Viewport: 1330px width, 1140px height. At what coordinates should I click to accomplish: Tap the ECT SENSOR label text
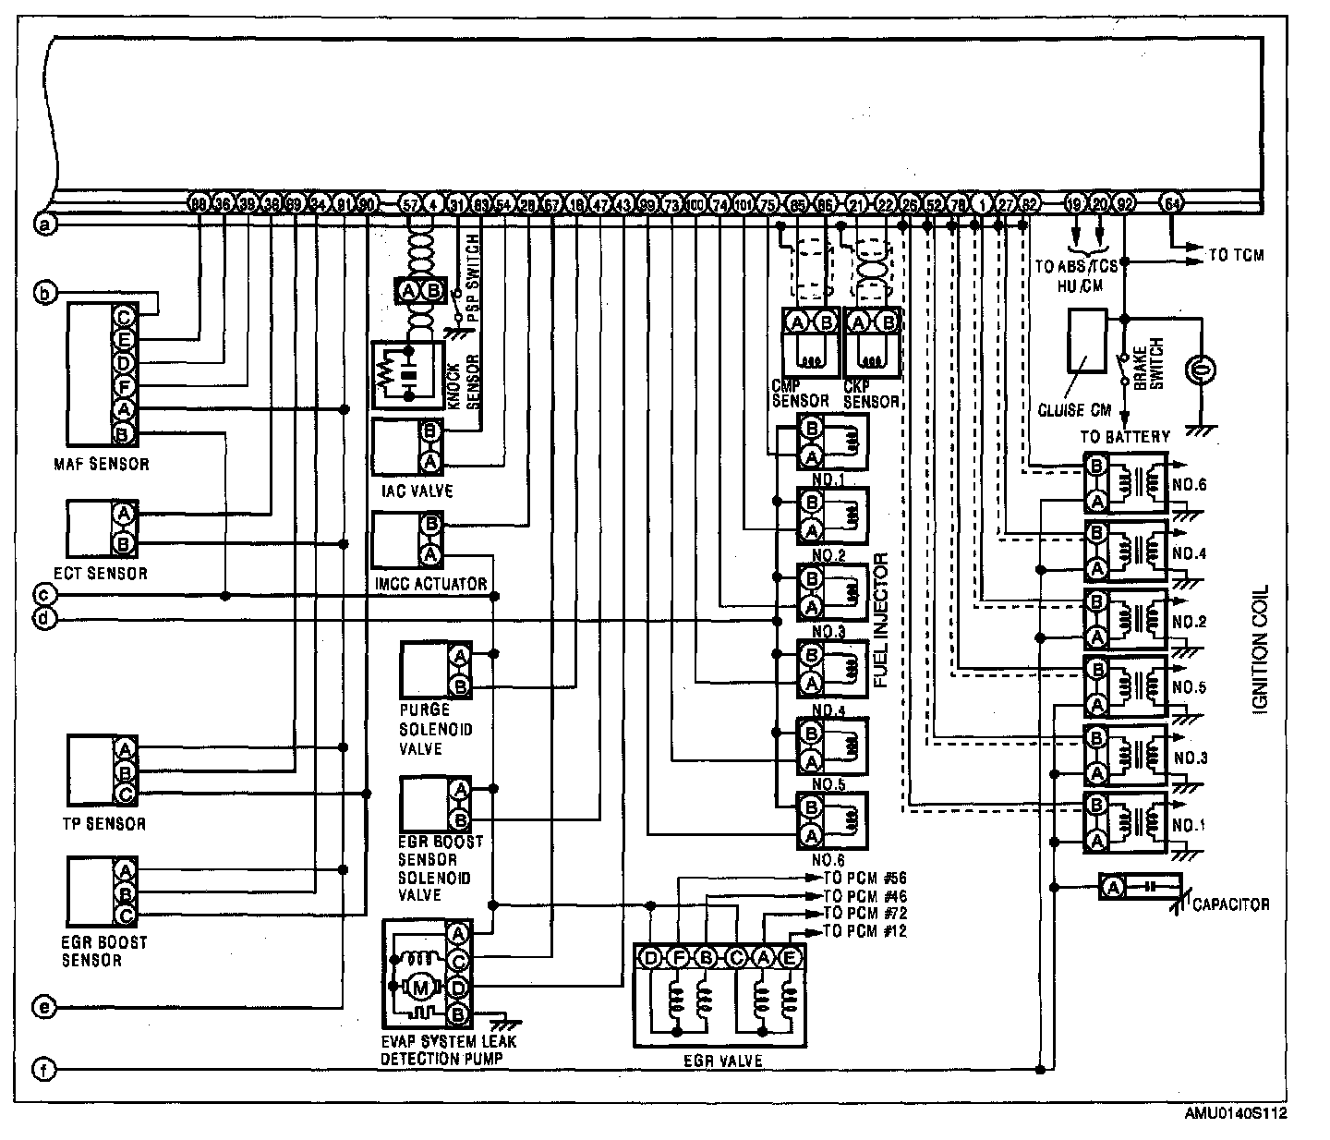click(x=106, y=574)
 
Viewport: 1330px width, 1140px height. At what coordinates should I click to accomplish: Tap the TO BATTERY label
click(x=1124, y=437)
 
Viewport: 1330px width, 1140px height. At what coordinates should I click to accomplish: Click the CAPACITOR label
click(x=1230, y=904)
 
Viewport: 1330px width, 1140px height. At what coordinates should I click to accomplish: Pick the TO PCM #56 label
click(x=864, y=879)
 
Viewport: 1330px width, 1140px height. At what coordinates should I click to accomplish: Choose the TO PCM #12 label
click(x=864, y=931)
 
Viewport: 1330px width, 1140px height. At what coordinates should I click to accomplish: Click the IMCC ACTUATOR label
click(x=430, y=584)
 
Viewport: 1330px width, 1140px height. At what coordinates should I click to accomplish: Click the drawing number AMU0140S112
click(x=1235, y=1113)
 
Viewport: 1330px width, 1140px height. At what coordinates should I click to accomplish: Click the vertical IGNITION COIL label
click(x=1261, y=647)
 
